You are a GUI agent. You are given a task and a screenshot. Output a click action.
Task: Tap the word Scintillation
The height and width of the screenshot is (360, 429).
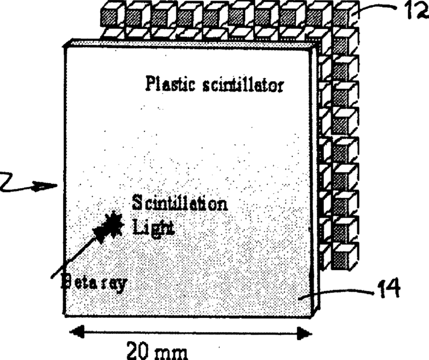(180, 203)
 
